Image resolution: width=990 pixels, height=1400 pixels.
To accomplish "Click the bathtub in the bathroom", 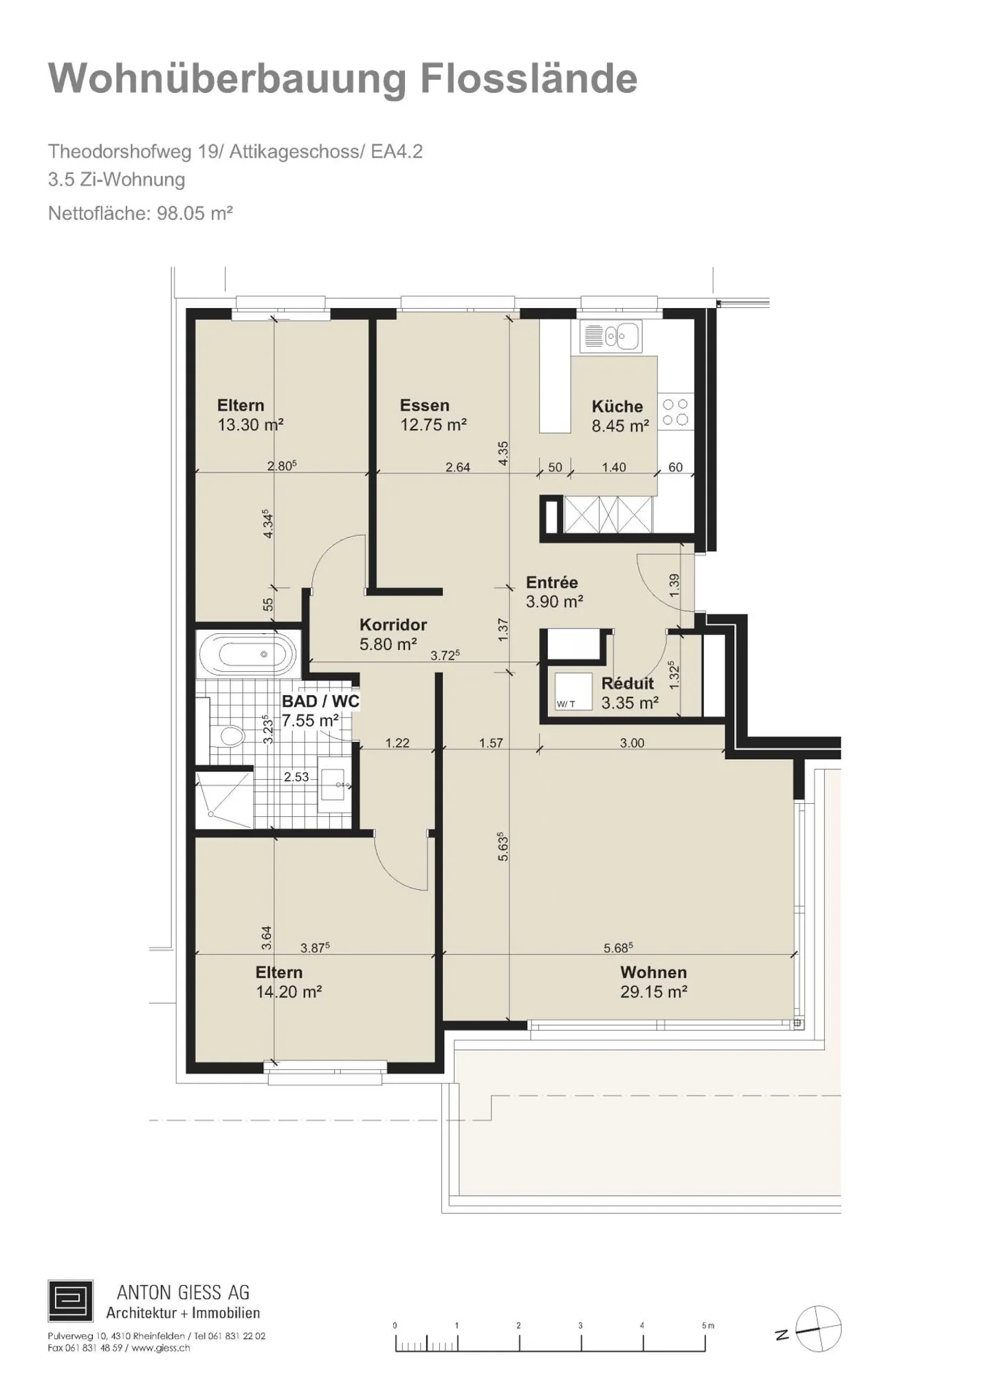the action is click(x=248, y=653).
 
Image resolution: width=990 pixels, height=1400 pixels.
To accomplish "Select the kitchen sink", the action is click(x=610, y=337).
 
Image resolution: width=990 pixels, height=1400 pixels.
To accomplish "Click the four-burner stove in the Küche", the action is click(x=676, y=412).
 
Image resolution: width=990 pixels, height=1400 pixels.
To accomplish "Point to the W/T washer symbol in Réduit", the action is click(x=573, y=691).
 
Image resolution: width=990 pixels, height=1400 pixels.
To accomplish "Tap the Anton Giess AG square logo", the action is click(x=70, y=1300).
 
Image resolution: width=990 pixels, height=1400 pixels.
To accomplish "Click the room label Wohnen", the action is click(x=653, y=972).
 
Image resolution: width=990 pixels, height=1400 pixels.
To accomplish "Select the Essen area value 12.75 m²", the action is click(x=434, y=425).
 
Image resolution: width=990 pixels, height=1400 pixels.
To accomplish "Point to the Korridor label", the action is click(x=393, y=624).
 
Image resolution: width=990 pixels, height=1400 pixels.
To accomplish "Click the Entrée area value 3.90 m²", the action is click(x=555, y=602).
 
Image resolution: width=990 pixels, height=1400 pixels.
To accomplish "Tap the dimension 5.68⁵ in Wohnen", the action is click(x=618, y=948).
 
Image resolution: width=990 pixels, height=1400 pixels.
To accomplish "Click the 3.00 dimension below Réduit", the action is click(x=632, y=743).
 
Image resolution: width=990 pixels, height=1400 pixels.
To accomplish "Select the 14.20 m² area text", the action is click(x=289, y=992).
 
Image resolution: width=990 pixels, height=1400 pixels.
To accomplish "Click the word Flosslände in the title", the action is click(x=529, y=78).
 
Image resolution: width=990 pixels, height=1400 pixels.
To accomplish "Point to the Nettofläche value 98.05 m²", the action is click(x=195, y=213).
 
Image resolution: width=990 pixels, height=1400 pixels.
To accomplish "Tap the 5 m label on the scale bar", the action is click(x=708, y=1325).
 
